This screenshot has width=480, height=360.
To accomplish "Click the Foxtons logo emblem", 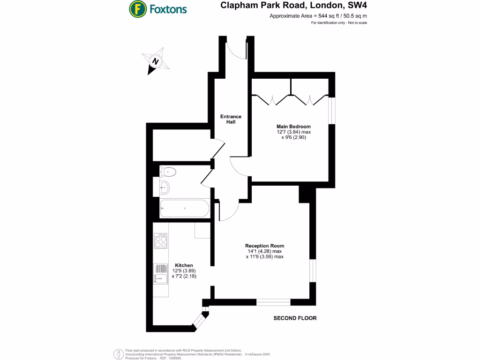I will click(137, 8).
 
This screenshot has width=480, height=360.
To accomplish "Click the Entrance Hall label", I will click(231, 119).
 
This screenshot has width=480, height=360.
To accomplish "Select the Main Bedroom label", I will click(293, 126).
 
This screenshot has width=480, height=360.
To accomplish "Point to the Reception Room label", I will click(264, 246).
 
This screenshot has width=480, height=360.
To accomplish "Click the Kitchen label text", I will click(184, 265).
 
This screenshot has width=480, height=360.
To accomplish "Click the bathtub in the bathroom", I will click(184, 208).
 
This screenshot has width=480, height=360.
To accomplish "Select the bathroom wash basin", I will click(165, 188).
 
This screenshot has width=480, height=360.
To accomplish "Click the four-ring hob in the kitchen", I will click(161, 242).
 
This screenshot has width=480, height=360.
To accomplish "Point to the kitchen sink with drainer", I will click(161, 274).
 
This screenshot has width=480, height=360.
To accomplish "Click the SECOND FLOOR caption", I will click(295, 318).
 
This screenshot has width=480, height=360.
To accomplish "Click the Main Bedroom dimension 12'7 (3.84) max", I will click(293, 132).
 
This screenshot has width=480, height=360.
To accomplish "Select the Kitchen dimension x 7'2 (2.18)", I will click(183, 277).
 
